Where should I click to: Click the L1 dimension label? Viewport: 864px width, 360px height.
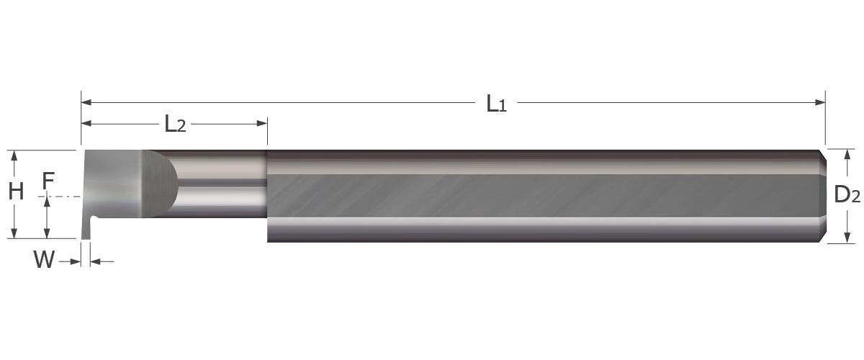click(496, 104)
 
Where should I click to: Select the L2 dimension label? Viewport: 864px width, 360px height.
click(175, 125)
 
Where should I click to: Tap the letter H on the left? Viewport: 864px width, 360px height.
click(16, 192)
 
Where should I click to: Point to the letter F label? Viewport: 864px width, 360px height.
click(48, 181)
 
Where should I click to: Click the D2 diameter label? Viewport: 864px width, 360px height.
click(847, 194)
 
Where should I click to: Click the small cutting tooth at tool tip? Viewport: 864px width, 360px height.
click(86, 229)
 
